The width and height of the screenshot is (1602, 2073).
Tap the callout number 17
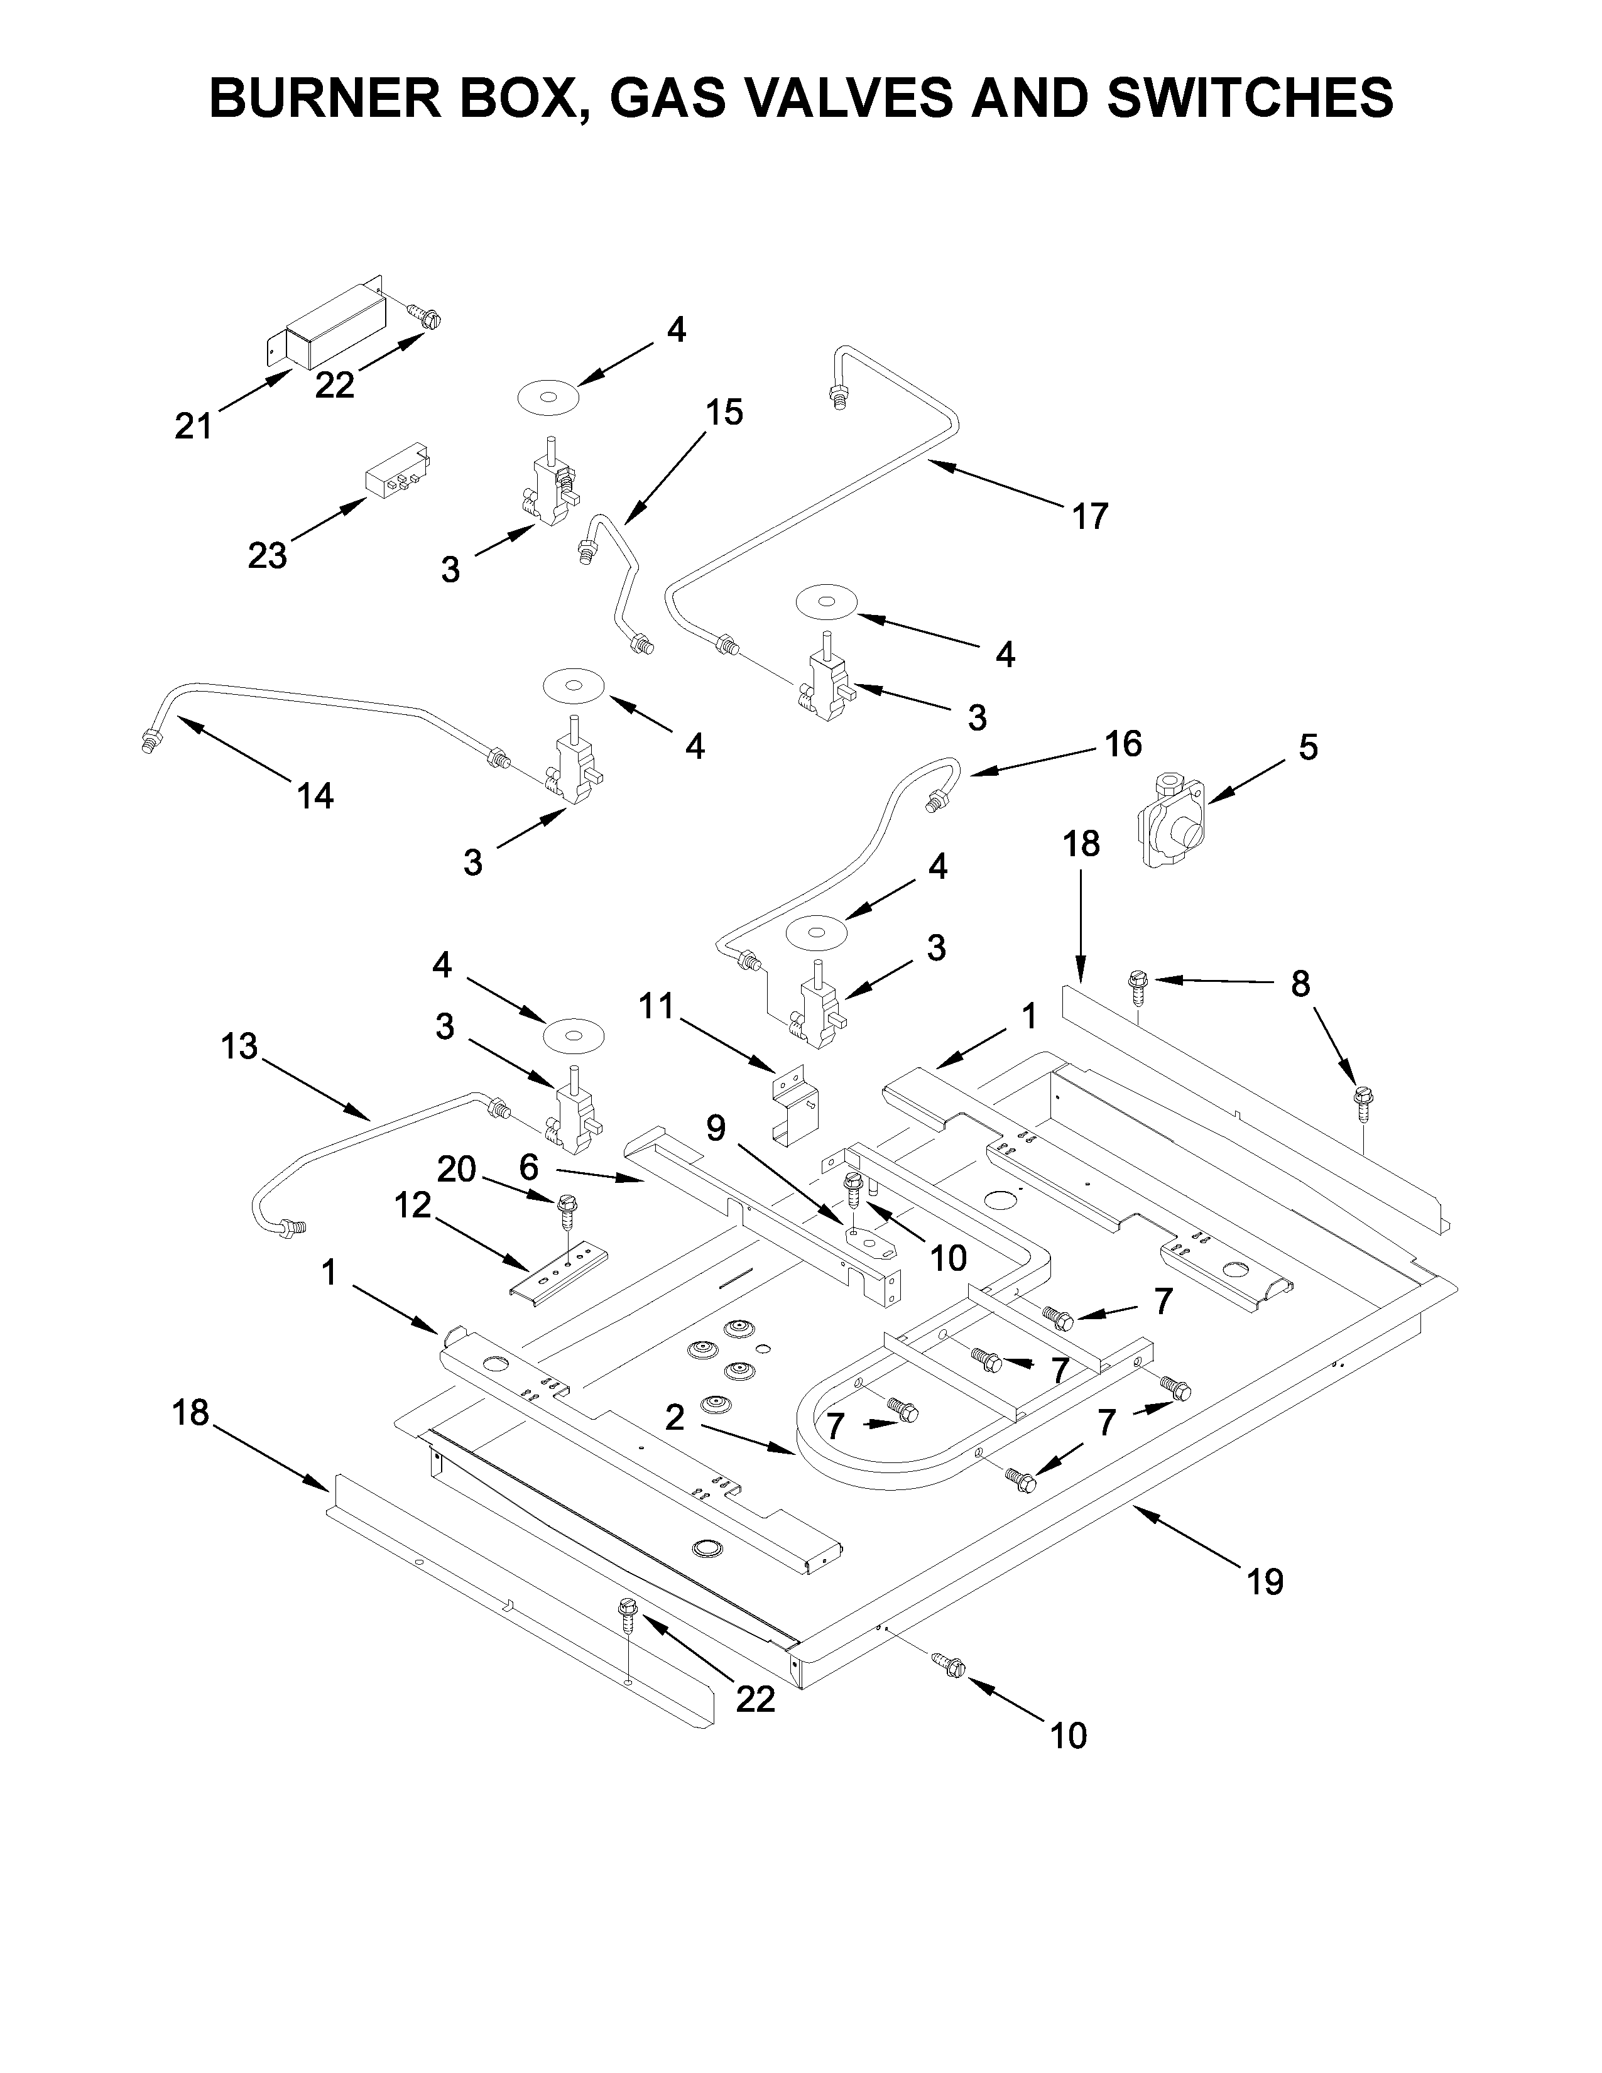tap(1089, 516)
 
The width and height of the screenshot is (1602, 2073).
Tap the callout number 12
tap(412, 1205)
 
